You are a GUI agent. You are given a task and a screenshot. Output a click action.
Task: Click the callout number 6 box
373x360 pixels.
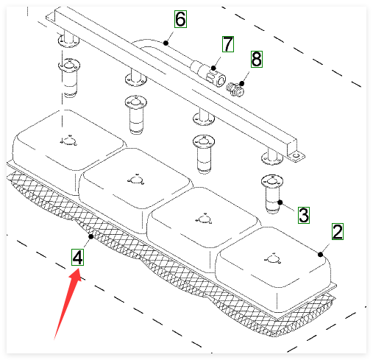180,19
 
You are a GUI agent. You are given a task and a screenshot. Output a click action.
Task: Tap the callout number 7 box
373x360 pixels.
228,44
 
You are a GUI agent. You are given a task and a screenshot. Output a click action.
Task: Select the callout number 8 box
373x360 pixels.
257,59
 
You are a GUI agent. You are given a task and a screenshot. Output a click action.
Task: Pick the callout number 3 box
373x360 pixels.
304,215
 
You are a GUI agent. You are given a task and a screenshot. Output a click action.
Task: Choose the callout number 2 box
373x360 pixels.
338,231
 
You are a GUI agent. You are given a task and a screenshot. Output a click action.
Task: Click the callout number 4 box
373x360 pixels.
77,257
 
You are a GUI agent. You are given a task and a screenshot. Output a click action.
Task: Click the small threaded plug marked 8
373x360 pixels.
235,89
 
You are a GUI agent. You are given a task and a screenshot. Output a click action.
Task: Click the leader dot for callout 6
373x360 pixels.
166,43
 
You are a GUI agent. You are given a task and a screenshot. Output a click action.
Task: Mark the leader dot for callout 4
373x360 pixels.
91,236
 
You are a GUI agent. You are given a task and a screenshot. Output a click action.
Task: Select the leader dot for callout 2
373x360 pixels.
320,255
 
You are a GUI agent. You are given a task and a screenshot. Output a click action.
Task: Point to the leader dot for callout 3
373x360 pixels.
280,202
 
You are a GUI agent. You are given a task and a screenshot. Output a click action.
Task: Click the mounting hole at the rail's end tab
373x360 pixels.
296,156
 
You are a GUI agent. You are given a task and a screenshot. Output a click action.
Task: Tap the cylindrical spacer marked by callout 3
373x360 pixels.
272,194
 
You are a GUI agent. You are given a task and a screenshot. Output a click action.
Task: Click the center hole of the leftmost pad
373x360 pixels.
69,141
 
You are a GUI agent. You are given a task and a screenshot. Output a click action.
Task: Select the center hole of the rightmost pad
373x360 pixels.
272,259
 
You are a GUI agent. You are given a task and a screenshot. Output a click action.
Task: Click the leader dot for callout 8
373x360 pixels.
242,83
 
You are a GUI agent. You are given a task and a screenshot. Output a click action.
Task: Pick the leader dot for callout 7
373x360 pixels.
213,68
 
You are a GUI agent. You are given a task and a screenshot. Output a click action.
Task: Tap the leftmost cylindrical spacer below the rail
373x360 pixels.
69,78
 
